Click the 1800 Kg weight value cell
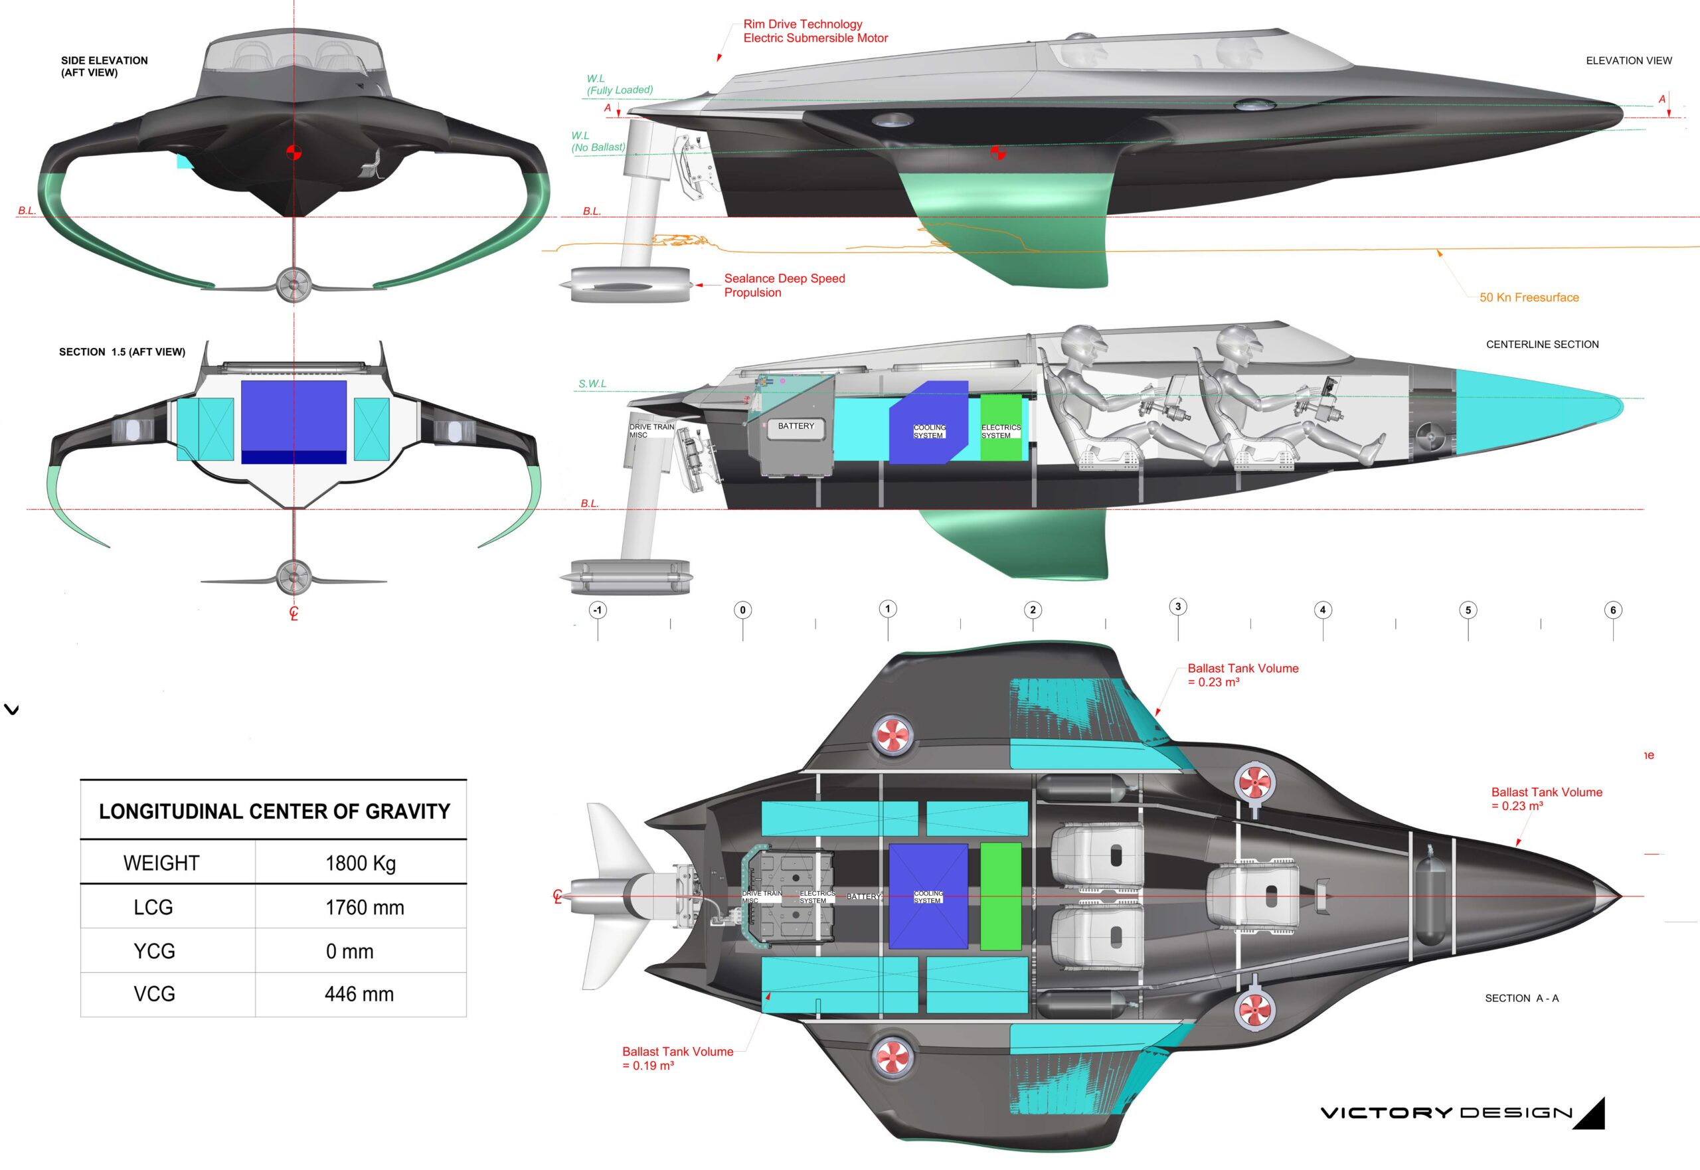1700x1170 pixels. pos(360,863)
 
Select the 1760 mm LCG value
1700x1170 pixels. pos(365,908)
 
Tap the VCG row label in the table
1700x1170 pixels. pos(154,994)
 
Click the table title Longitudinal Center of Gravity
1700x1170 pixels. pos(274,811)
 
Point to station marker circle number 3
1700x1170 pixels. pos(1178,606)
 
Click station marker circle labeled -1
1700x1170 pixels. pos(598,610)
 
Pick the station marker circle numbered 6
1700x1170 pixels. pos(1613,610)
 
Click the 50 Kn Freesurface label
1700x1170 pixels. pos(1529,297)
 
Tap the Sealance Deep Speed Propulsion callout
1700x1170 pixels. pos(784,285)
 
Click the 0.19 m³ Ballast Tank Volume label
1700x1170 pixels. pos(677,1058)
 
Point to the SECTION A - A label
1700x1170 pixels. pos(1521,999)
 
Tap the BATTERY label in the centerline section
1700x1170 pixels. pos(796,426)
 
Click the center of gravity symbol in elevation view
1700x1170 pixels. pos(997,153)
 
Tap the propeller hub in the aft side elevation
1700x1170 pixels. pos(294,285)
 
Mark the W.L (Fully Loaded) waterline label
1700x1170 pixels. pos(619,84)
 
